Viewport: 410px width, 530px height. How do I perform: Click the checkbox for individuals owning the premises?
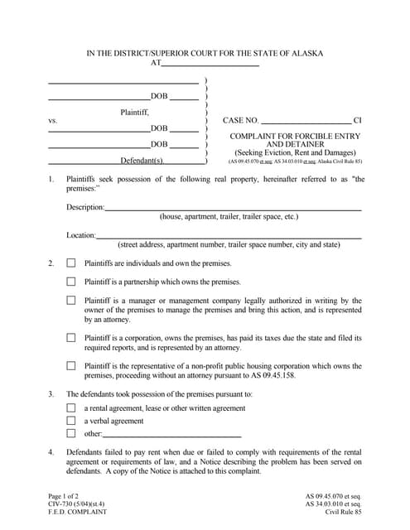71,263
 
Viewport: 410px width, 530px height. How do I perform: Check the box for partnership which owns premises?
71,282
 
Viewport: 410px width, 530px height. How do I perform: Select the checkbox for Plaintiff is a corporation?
71,338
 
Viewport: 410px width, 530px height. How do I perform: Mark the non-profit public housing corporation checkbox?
71,365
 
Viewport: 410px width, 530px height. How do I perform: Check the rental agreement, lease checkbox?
71,408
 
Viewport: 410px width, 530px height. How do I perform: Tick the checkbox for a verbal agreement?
71,421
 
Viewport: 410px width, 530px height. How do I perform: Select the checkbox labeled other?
71,433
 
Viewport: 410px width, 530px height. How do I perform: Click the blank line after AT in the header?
210,65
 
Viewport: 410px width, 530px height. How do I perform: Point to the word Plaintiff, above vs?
135,111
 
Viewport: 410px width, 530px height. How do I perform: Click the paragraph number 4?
51,452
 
